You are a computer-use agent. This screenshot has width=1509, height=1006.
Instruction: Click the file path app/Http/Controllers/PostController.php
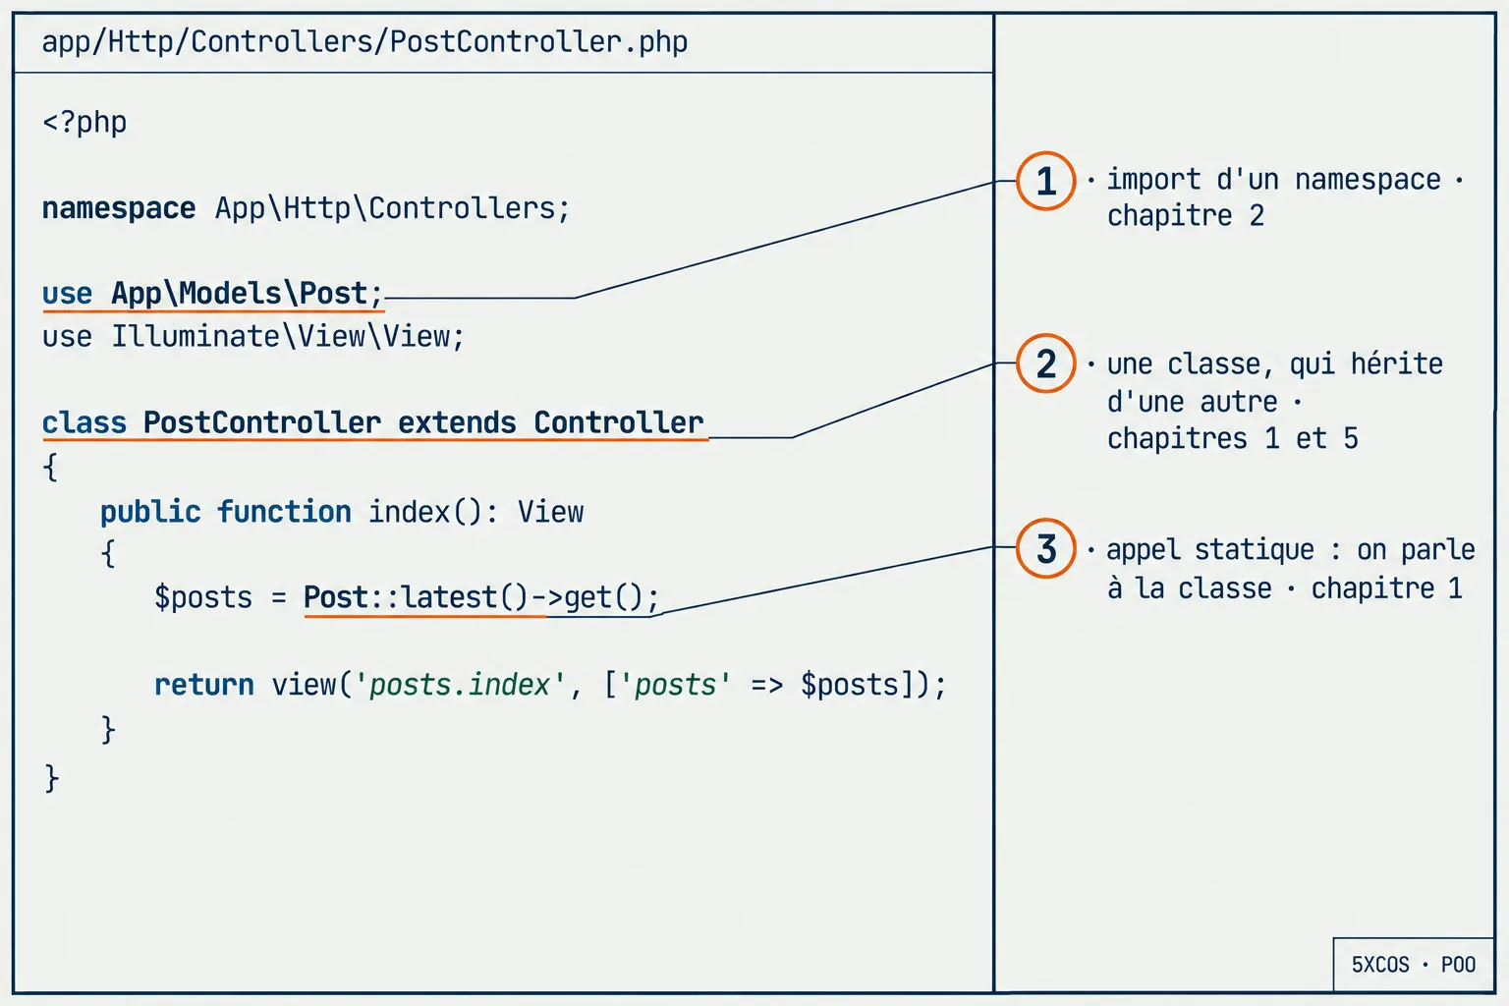[364, 42]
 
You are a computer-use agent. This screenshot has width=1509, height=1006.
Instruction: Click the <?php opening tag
[84, 123]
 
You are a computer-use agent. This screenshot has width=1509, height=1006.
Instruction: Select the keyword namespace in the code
[119, 208]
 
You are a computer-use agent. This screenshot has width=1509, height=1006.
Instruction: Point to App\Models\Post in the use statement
[239, 293]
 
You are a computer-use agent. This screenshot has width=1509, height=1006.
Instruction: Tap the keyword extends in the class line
[457, 422]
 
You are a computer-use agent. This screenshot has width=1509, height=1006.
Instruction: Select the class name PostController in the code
[262, 422]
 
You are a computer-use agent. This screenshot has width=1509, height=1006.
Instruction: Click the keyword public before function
[150, 512]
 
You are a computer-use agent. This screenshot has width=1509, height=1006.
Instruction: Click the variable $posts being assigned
[202, 597]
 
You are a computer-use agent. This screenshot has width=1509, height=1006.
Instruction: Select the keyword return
[204, 686]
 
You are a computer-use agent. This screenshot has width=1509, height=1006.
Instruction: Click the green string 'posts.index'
[460, 685]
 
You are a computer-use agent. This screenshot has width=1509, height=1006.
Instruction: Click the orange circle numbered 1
[1045, 181]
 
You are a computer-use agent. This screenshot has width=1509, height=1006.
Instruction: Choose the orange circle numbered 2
[1045, 363]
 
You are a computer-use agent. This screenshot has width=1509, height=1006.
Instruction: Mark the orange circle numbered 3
[1045, 548]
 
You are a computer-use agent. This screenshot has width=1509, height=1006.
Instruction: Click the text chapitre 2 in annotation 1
[1186, 216]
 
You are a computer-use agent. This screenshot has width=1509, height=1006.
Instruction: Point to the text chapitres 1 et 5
[1233, 438]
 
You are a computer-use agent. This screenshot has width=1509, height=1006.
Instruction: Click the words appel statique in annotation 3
[1210, 550]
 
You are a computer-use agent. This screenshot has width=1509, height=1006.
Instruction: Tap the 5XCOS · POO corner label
[1414, 965]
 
